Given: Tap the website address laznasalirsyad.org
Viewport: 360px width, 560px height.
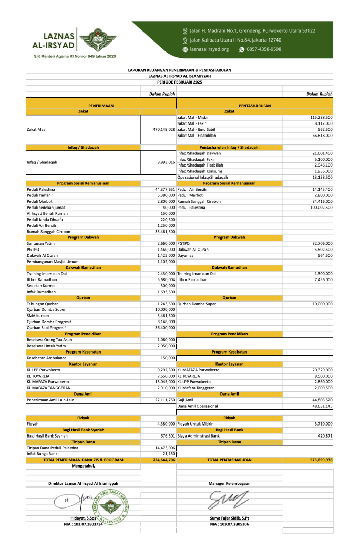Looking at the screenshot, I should pos(209,49).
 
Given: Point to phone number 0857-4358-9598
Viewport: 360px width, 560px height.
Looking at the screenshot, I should pos(264,49).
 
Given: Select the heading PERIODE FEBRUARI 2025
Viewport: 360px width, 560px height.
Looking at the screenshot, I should pos(179,82).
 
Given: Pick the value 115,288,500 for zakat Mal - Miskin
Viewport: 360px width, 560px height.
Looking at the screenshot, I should pos(321,117).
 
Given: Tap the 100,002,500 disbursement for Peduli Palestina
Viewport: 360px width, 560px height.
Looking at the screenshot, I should pos(318,207).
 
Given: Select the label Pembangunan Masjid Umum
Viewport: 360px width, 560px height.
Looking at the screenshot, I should pos(52,261).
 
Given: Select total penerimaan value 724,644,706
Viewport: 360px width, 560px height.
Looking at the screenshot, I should pos(164,460).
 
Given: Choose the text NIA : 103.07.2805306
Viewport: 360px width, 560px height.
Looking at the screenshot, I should pos(229,524).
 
